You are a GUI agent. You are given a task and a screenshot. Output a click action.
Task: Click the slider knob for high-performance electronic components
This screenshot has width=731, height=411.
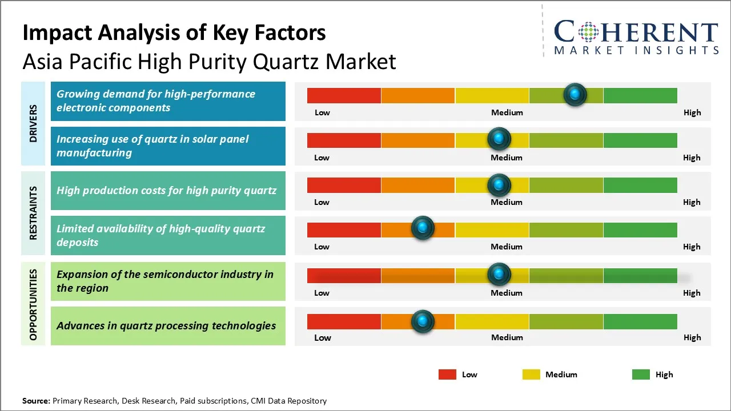575,94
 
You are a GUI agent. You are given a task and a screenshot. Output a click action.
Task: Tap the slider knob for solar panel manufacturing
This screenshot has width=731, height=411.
499,139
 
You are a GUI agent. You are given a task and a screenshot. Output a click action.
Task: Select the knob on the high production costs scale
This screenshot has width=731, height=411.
499,184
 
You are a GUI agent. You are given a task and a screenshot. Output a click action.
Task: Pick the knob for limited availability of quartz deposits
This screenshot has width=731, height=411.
423,228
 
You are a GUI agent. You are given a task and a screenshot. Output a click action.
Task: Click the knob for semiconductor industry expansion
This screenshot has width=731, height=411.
499,275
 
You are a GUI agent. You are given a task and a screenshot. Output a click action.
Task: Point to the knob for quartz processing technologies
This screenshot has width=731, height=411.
423,321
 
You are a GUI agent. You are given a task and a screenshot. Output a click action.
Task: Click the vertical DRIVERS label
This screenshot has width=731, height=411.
33,123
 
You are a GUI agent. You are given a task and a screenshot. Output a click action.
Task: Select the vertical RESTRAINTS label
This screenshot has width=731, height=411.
33,213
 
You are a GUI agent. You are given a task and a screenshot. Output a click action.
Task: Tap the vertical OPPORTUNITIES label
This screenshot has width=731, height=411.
33,305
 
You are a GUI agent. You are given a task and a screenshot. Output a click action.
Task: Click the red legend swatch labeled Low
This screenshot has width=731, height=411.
447,374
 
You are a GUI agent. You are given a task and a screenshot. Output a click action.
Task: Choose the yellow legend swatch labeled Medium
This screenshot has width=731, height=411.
531,374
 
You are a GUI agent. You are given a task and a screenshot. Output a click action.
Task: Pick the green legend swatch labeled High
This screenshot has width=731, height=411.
641,374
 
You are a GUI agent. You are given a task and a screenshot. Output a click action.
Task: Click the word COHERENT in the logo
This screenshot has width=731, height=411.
636,32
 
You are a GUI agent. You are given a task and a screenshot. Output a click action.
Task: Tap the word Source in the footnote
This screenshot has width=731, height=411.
35,401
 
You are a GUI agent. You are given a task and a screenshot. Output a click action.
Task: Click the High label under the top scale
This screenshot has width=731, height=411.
692,112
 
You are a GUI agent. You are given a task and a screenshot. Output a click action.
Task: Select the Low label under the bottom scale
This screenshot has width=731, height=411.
322,337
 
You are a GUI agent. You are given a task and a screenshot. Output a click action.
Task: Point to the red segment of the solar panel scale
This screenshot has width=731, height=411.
344,140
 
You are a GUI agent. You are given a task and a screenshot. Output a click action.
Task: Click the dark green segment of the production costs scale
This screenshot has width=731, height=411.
640,185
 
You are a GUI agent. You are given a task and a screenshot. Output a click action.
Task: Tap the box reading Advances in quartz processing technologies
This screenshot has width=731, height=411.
167,326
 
